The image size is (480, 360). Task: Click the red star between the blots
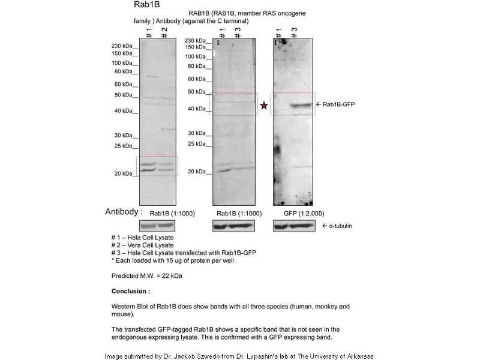pos(264,106)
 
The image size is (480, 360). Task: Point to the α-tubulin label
pos(337,226)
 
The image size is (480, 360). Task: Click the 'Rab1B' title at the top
pos(146,5)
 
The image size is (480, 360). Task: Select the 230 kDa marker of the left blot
pos(124,46)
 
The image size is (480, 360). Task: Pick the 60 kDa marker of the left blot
pos(125,84)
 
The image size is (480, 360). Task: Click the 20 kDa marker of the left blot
pos(125,173)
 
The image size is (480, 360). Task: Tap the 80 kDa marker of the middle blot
pos(198,66)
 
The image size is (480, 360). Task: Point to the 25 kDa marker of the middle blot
pos(198,144)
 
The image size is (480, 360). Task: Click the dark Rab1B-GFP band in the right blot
pos(299,106)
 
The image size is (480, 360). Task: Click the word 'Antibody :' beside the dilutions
pos(124,212)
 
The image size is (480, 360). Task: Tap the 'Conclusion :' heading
pos(131,291)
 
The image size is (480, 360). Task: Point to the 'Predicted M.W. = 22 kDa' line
pos(147,276)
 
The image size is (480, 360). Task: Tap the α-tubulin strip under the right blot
pos(294,226)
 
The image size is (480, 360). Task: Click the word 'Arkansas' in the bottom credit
pos(358,356)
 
